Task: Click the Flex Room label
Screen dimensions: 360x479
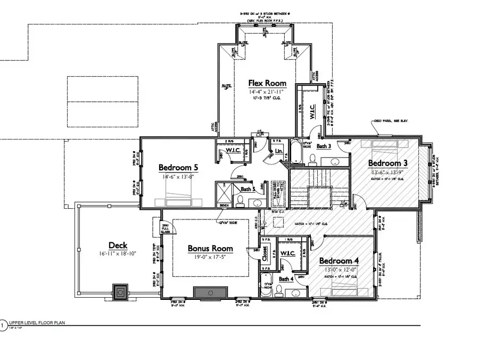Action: tap(267, 83)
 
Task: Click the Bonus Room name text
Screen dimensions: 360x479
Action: tap(210, 248)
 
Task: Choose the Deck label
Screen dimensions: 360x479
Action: tap(118, 245)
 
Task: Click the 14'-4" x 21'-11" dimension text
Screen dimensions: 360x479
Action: tap(267, 92)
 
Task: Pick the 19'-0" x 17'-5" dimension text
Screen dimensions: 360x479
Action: tap(210, 257)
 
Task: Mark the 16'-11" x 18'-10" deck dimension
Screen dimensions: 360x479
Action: tap(118, 254)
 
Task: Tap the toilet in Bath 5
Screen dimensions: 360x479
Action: tap(240, 201)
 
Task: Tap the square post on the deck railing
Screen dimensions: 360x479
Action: tap(121, 291)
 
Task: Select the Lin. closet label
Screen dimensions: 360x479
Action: tap(279, 151)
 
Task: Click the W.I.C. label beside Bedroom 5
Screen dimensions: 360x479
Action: tap(234, 151)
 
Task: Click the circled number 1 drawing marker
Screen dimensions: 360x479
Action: tap(3, 324)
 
